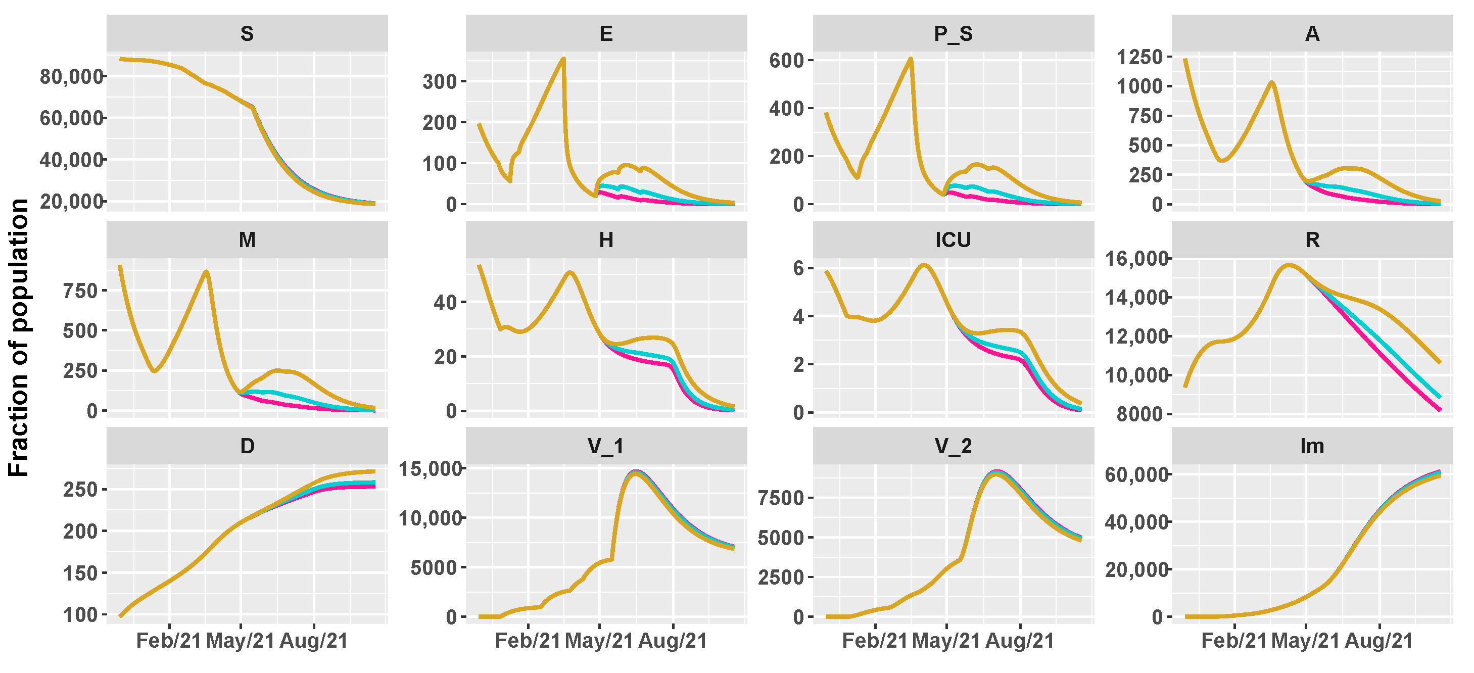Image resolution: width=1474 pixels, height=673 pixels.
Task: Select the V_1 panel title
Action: pos(605,446)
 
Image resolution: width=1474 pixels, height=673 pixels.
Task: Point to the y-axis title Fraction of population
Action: pos(19,338)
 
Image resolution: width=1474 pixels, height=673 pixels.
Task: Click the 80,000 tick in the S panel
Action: pos(70,76)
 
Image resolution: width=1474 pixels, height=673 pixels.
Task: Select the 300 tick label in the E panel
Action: pos(440,82)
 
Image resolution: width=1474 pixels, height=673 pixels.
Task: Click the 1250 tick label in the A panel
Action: pos(1140,57)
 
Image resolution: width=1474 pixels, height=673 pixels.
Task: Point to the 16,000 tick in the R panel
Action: pos(1136,259)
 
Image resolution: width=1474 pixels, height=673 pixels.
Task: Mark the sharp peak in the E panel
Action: pos(563,59)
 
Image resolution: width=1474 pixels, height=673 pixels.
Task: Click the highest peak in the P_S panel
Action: pos(911,59)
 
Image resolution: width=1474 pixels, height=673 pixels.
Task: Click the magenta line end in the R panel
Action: pos(1439,410)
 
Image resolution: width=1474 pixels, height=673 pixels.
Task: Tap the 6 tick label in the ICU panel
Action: pos(799,268)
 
